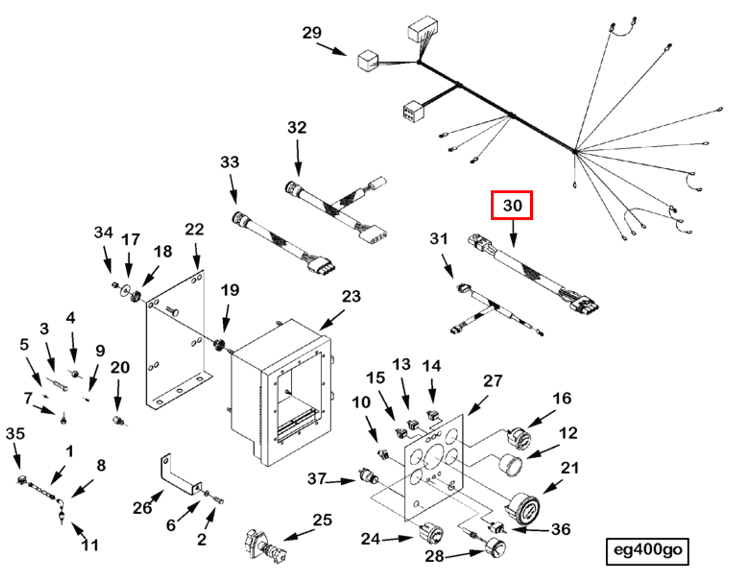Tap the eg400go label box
tap(647, 550)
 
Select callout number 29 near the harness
tap(311, 33)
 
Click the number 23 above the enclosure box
tap(351, 297)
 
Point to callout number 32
tap(297, 127)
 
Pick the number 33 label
tap(229, 162)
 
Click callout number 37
tap(316, 478)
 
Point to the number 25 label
tap(322, 520)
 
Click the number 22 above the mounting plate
tap(194, 229)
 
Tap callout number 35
tap(15, 434)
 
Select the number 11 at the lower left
tap(90, 545)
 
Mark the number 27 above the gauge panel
tap(492, 381)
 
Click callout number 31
tap(438, 239)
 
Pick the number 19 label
tap(229, 290)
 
